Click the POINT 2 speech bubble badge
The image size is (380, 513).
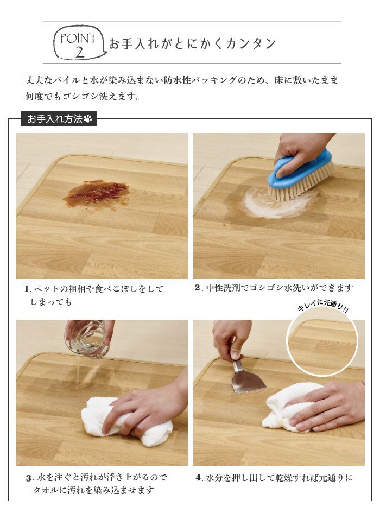[x=80, y=43]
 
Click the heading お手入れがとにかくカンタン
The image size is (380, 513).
[x=193, y=43]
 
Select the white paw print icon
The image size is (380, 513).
[x=88, y=118]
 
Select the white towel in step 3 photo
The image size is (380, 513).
[x=126, y=422]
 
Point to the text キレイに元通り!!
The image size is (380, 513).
[x=322, y=307]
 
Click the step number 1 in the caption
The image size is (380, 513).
[x=27, y=289]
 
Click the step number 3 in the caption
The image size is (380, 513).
[x=29, y=478]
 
